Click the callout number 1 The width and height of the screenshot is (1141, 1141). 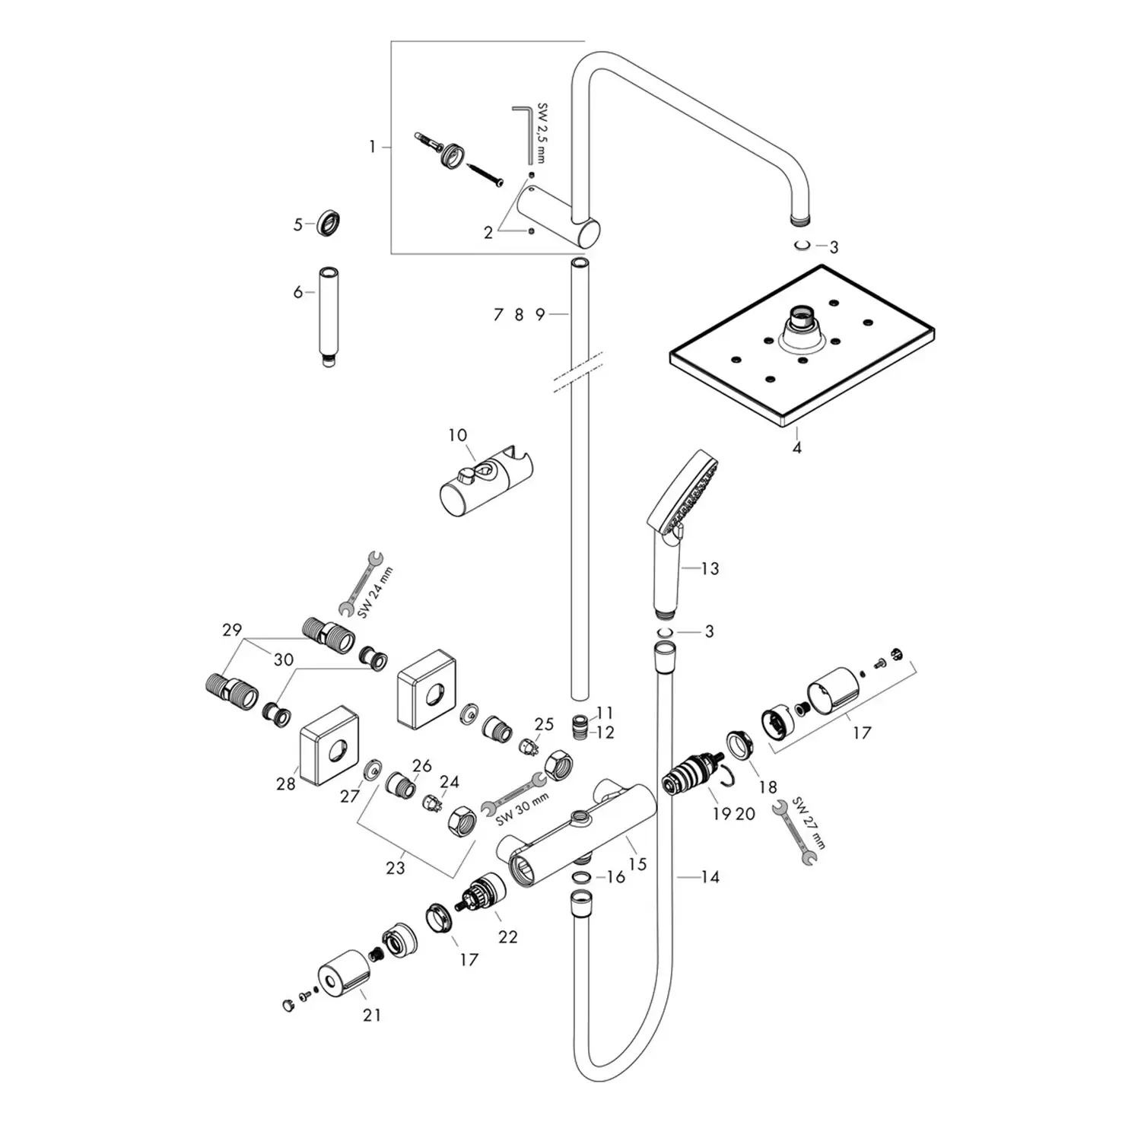(372, 146)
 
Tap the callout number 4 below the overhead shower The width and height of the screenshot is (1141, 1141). (796, 448)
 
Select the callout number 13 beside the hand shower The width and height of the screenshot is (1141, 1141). (710, 568)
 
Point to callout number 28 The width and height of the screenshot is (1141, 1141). (285, 783)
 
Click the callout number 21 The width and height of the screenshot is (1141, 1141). (371, 1015)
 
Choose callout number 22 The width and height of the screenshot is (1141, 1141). (507, 936)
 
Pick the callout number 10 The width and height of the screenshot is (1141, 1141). (457, 435)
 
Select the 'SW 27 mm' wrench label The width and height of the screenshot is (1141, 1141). (809, 824)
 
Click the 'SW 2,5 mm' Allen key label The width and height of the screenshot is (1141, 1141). (542, 133)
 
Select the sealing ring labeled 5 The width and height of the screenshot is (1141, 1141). (329, 224)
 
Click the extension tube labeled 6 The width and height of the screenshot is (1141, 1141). (329, 316)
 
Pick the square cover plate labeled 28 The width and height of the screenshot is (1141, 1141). (328, 746)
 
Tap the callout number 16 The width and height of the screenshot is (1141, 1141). (615, 877)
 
